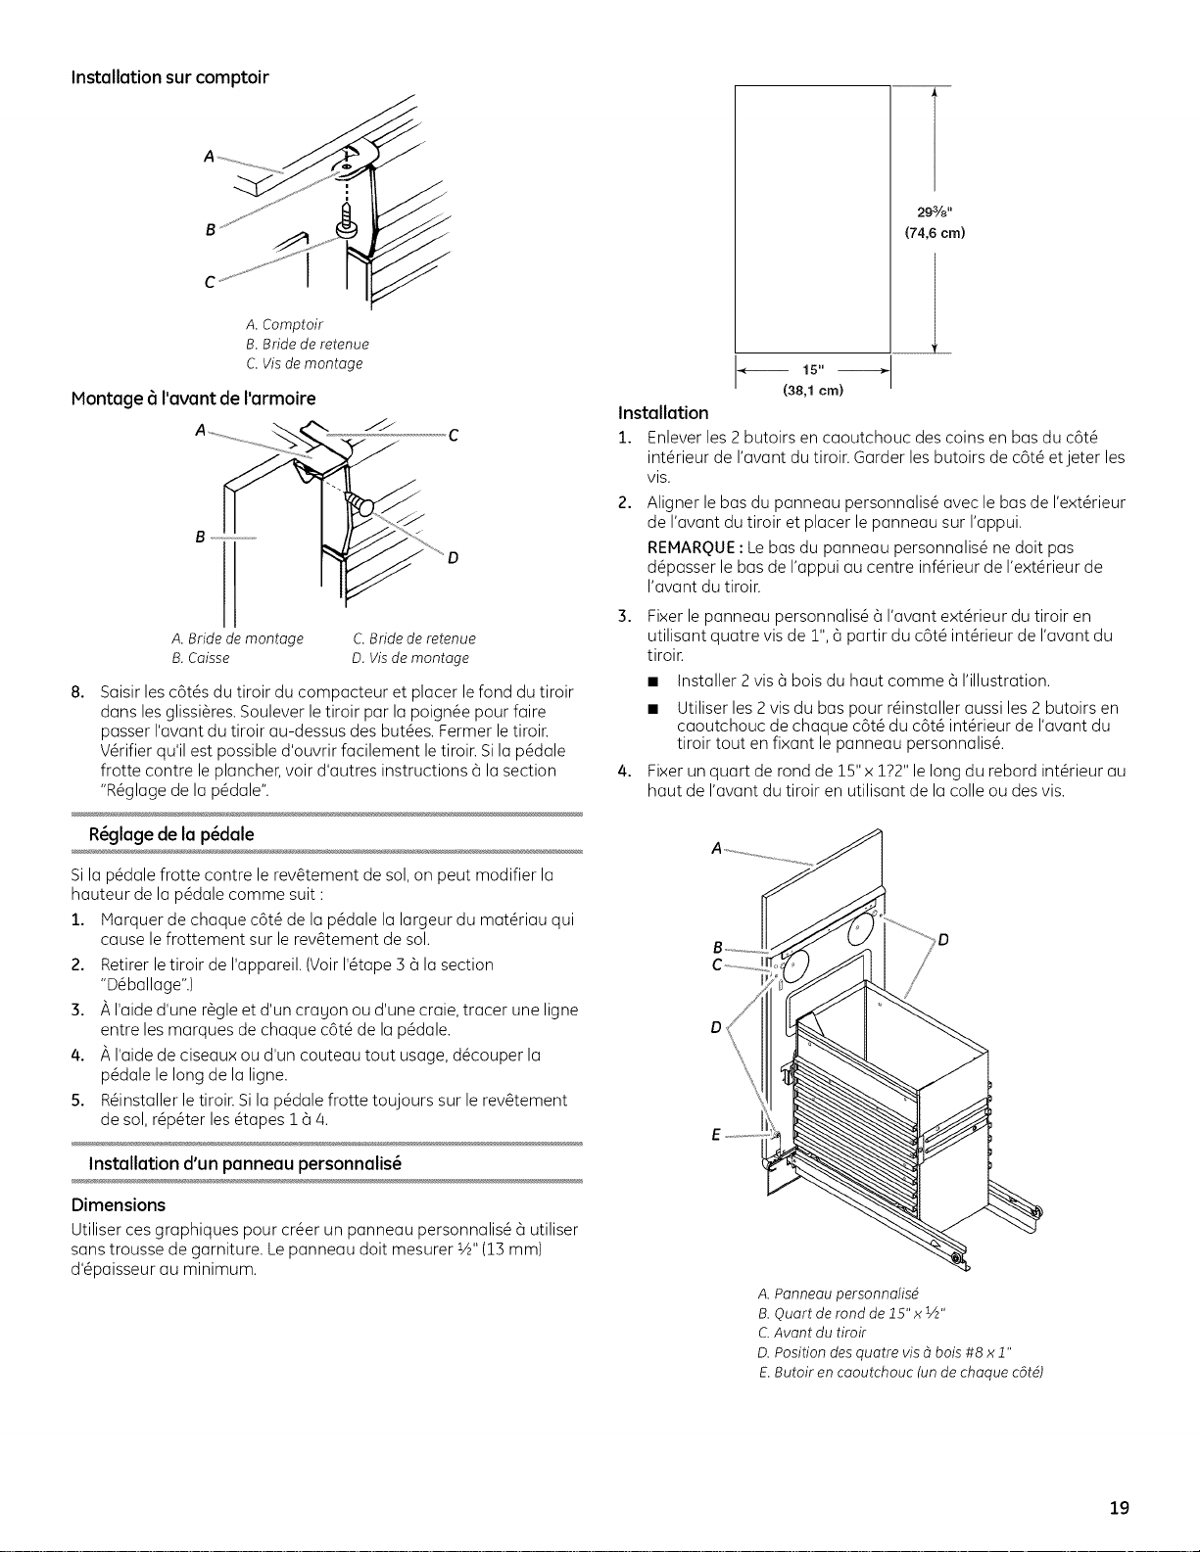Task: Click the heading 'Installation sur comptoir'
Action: [x=170, y=77]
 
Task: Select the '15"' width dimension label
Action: [x=813, y=370]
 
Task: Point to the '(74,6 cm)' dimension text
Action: [x=935, y=233]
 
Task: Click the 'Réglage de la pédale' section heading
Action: [x=171, y=834]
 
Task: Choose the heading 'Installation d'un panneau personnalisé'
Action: [x=245, y=1163]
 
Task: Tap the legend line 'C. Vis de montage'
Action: [x=305, y=363]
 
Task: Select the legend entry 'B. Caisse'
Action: [x=201, y=658]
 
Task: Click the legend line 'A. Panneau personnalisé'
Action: [x=838, y=1293]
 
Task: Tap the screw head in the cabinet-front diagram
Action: [x=361, y=504]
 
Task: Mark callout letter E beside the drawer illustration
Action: [x=716, y=1135]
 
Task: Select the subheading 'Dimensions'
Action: [x=118, y=1205]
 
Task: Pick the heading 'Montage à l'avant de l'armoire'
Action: [x=193, y=399]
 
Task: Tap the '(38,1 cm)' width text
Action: [x=813, y=390]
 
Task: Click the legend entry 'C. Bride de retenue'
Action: [x=414, y=638]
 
